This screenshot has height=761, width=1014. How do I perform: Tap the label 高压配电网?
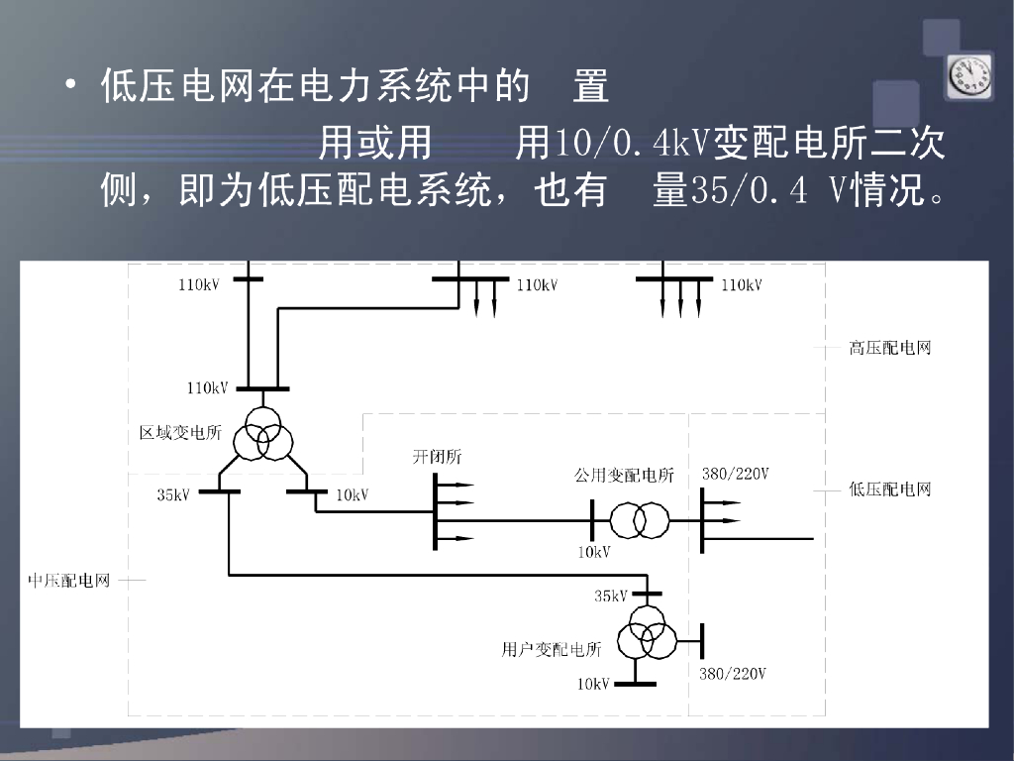(889, 348)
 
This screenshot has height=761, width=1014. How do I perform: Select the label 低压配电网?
(889, 489)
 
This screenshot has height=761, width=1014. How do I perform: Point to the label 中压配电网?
(68, 580)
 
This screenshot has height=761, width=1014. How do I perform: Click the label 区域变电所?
(180, 433)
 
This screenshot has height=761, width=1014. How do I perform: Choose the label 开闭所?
(437, 457)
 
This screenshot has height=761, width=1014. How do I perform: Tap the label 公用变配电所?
(624, 476)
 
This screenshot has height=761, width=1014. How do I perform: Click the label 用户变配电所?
(552, 650)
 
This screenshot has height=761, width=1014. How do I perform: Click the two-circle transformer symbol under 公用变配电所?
(639, 518)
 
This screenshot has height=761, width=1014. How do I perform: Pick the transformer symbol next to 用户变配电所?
(648, 639)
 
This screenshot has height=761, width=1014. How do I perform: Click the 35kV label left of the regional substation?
(173, 494)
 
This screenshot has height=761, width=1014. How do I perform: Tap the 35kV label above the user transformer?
(611, 596)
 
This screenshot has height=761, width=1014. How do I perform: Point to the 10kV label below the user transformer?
(593, 684)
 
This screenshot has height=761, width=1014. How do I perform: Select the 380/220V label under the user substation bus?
(733, 674)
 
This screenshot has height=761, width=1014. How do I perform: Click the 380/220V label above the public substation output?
(736, 474)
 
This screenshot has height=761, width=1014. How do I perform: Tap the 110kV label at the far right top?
(742, 285)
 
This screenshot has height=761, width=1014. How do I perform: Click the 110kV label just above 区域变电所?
(208, 388)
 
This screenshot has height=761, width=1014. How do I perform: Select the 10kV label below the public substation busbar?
(594, 552)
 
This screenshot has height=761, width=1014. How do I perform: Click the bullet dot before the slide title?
(71, 86)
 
